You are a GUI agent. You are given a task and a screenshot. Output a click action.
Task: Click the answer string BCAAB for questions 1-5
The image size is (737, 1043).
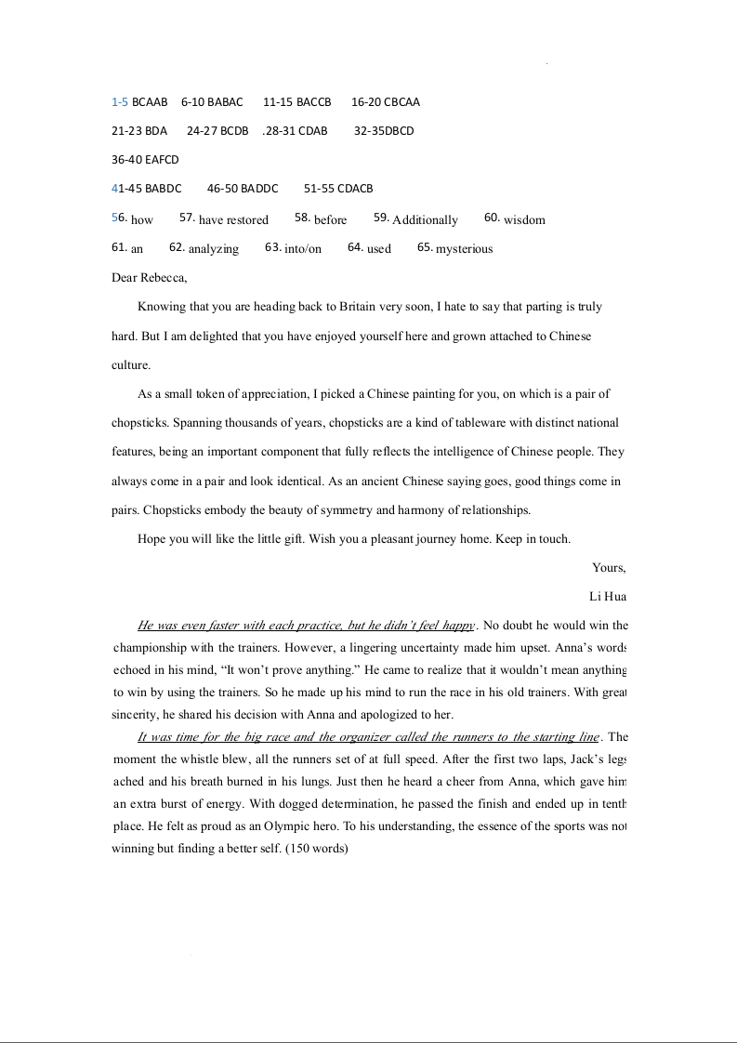pyautogui.click(x=150, y=102)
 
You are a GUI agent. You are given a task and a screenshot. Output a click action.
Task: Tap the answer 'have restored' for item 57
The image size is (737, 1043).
pyautogui.click(x=233, y=220)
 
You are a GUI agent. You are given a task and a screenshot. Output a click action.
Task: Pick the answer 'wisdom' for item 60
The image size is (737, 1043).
pyautogui.click(x=524, y=220)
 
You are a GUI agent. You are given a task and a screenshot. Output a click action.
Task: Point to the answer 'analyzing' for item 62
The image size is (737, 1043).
pyautogui.click(x=213, y=249)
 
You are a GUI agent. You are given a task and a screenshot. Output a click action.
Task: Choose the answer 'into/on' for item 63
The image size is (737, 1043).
pyautogui.click(x=303, y=249)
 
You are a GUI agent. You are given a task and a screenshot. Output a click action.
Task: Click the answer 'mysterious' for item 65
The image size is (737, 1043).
pyautogui.click(x=464, y=249)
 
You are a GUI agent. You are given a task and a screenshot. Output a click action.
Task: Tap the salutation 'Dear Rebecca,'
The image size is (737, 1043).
pyautogui.click(x=149, y=277)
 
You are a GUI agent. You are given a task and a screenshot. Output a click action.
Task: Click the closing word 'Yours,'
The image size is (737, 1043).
pyautogui.click(x=609, y=568)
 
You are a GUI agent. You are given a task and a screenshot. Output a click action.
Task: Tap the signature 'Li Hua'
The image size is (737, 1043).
pyautogui.click(x=608, y=596)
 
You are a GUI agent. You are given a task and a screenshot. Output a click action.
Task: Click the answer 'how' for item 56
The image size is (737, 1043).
pyautogui.click(x=142, y=220)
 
